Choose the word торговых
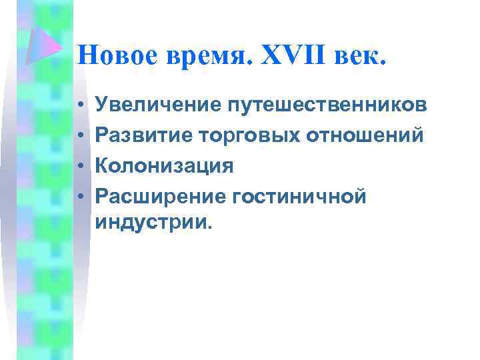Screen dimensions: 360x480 [x=249, y=135]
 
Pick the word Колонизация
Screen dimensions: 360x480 [x=165, y=165]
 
